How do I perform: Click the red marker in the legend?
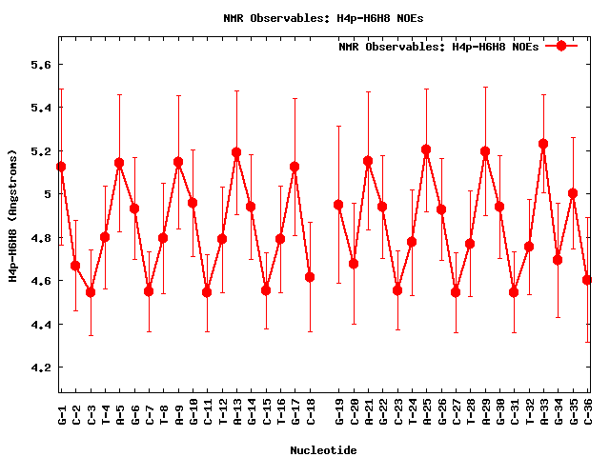point(561,46)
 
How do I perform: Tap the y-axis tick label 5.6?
point(35,65)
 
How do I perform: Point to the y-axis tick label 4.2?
point(35,368)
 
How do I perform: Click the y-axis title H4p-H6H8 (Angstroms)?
point(12,216)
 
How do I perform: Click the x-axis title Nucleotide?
point(324,450)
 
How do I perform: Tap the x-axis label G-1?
point(61,412)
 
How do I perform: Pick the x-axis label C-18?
point(310,412)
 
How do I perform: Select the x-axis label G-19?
point(338,412)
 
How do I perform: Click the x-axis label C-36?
point(587,412)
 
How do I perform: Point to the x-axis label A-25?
point(426,412)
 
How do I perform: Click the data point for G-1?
point(61,167)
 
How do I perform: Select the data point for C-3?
point(91,292)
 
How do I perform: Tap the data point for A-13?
point(236,152)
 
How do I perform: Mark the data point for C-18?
point(310,277)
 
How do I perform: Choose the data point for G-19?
point(338,205)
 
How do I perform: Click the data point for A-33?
point(543,144)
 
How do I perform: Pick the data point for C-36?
point(587,280)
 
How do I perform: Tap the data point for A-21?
point(368,161)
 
